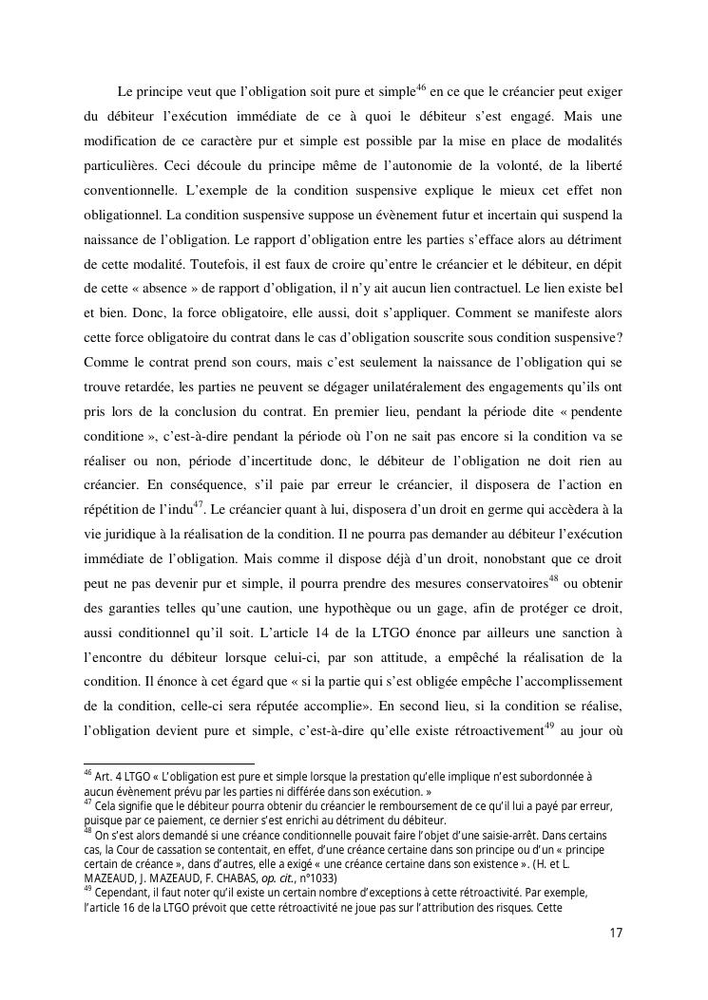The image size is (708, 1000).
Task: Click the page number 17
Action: [616, 934]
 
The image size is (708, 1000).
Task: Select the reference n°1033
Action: [314, 878]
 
